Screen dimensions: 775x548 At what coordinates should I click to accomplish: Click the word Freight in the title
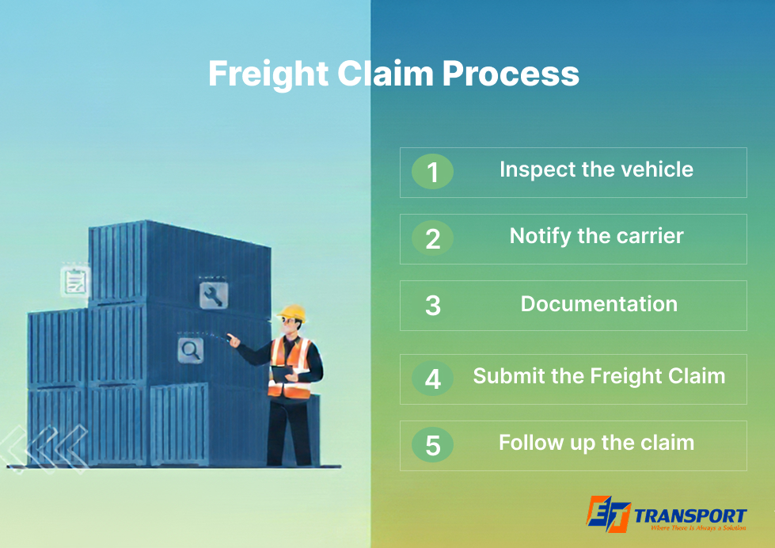pyautogui.click(x=268, y=74)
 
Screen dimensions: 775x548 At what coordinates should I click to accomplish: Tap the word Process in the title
pyautogui.click(x=510, y=74)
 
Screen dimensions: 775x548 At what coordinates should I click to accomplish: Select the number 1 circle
pyautogui.click(x=432, y=172)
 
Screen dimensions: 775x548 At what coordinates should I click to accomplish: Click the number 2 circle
pyautogui.click(x=432, y=238)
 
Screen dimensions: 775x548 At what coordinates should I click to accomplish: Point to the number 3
pyautogui.click(x=433, y=306)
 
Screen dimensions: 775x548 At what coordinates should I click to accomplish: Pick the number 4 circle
pyautogui.click(x=432, y=379)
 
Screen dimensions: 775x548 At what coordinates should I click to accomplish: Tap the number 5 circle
pyautogui.click(x=432, y=444)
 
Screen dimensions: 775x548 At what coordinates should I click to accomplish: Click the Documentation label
pyautogui.click(x=599, y=303)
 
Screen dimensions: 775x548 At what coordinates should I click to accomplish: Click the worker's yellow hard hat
pyautogui.click(x=293, y=313)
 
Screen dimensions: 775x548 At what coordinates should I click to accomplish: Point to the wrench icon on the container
pyautogui.click(x=214, y=295)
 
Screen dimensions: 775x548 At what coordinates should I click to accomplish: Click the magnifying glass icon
pyautogui.click(x=191, y=350)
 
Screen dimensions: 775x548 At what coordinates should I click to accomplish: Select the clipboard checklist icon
pyautogui.click(x=75, y=282)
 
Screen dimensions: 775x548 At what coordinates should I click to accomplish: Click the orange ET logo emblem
pyautogui.click(x=609, y=514)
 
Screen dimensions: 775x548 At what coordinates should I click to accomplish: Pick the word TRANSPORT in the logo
pyautogui.click(x=690, y=516)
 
